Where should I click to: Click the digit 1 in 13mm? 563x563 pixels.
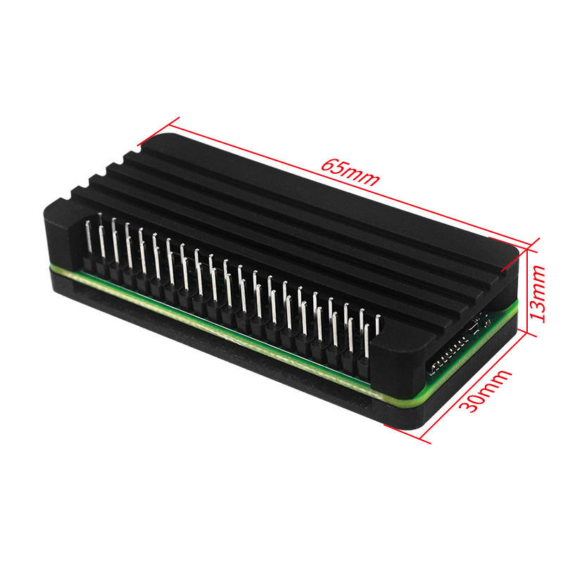pos(541,315)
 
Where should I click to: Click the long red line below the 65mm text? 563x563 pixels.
pos(352,185)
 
